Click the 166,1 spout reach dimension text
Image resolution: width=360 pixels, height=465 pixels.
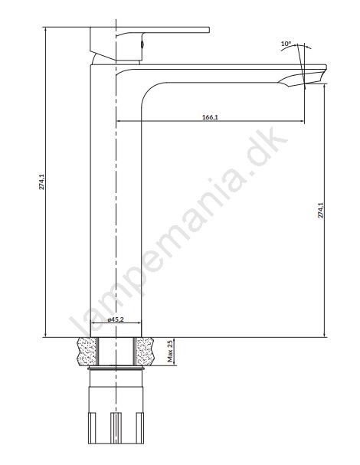(x=210, y=117)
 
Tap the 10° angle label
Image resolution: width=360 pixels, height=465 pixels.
(x=286, y=44)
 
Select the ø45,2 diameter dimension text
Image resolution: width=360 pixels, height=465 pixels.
(x=116, y=319)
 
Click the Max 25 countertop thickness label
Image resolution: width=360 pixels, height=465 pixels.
(x=170, y=352)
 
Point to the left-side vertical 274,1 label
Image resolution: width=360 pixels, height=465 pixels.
(x=42, y=182)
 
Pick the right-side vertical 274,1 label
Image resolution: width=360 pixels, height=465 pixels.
(x=321, y=210)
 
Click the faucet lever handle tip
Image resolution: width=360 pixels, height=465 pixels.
(x=208, y=30)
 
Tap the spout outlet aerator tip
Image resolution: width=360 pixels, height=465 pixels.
(x=305, y=84)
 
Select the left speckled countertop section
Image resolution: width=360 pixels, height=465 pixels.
(x=87, y=351)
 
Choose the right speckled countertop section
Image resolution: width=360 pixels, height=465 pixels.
(x=145, y=351)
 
